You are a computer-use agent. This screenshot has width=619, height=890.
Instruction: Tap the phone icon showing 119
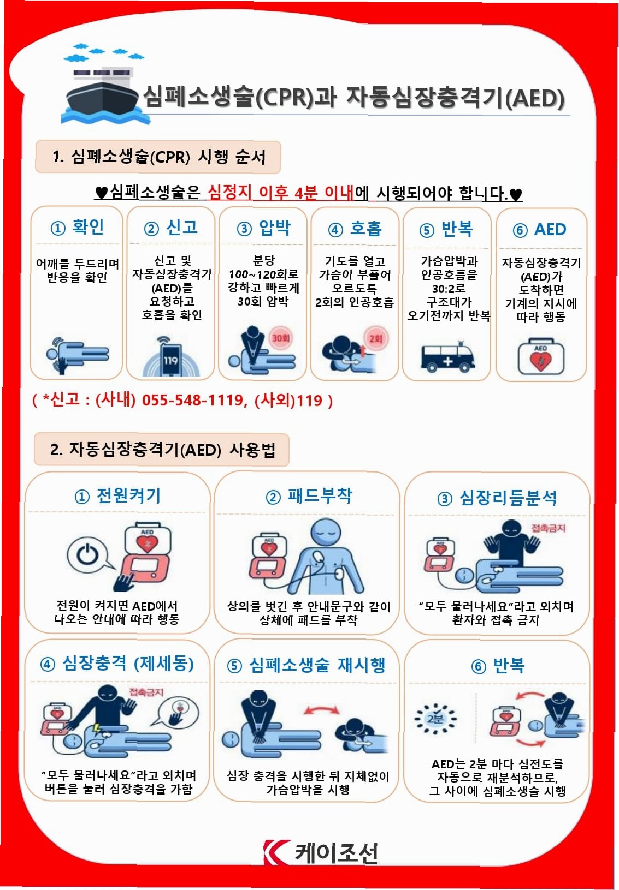coord(172,359)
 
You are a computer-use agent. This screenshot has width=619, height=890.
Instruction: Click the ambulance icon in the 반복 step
coord(447,356)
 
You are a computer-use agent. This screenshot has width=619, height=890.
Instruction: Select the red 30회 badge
coord(280,338)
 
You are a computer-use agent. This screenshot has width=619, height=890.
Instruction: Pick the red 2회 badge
coord(375,338)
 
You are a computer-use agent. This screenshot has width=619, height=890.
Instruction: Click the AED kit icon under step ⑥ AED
coord(541,356)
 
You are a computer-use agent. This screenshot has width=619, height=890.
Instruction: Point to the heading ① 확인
coord(77,227)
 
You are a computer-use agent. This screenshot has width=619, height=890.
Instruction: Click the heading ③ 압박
coord(263,228)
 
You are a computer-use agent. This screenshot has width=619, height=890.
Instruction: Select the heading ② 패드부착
coord(309,496)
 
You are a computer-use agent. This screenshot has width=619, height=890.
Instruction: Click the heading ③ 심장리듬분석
coord(497,498)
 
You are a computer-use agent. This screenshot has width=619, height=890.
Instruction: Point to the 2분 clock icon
coord(435,718)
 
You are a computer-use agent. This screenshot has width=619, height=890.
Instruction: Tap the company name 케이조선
coord(336,853)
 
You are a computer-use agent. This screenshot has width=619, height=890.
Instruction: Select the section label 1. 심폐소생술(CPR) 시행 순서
coord(158,157)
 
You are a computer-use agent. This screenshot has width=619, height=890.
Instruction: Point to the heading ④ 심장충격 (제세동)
coord(117,664)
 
